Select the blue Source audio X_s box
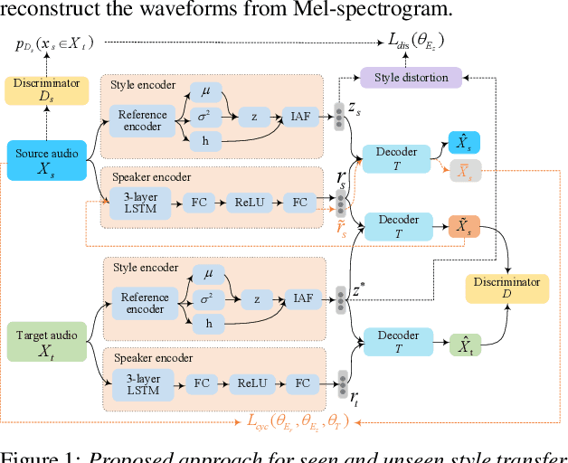click(45, 160)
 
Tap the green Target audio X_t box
click(45, 342)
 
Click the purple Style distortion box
click(411, 77)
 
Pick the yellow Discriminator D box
click(506, 288)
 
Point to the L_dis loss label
click(415, 42)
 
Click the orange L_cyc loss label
click(298, 420)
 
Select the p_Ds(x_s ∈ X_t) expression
click(54, 43)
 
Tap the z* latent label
click(358, 290)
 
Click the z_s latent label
click(357, 108)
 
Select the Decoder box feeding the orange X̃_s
click(397, 226)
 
